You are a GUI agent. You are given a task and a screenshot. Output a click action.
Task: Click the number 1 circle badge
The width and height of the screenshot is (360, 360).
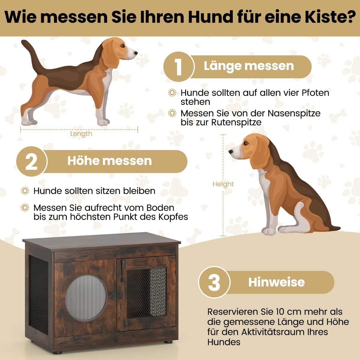click(x=179, y=67)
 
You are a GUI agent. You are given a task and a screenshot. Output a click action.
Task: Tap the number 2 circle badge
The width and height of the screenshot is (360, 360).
click(x=31, y=161)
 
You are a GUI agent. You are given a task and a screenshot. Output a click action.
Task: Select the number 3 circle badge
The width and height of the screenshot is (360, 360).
click(x=214, y=282)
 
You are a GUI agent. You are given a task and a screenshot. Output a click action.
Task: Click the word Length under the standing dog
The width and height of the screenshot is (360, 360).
click(x=81, y=134)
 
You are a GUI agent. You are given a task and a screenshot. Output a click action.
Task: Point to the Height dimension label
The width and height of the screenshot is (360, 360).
click(x=223, y=184)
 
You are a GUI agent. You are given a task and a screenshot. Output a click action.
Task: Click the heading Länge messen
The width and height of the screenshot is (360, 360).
click(x=249, y=66)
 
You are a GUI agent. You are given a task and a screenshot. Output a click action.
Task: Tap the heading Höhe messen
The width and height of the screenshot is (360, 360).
click(x=109, y=161)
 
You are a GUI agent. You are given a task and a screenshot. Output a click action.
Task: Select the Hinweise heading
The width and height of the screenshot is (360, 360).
click(x=277, y=282)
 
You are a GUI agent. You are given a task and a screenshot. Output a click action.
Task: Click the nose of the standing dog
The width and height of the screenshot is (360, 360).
click(x=136, y=53)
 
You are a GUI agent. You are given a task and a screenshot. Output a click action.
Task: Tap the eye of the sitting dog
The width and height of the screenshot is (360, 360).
click(x=246, y=143)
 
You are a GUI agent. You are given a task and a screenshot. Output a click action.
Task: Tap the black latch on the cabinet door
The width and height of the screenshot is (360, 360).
click(x=117, y=295)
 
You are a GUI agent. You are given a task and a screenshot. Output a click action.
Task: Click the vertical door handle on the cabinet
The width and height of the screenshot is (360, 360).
click(x=122, y=271)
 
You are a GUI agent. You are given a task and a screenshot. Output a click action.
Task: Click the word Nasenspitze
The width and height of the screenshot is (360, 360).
click(x=294, y=113)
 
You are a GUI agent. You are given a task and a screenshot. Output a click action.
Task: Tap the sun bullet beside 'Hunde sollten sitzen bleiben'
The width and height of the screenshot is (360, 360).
click(x=25, y=191)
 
